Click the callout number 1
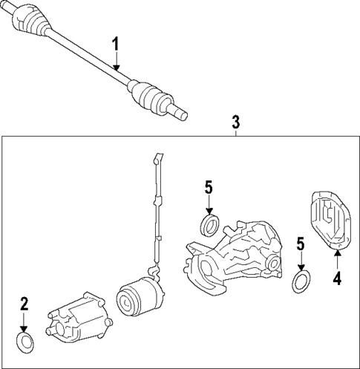click(116, 44)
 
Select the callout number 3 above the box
click(236, 121)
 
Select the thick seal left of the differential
click(209, 223)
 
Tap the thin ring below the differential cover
click(301, 281)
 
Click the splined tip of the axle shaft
click(178, 113)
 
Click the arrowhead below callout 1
click(116, 68)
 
